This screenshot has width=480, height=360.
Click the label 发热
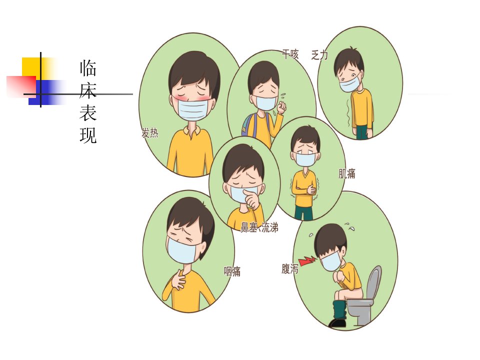click(150, 133)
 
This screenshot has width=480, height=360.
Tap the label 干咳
click(290, 54)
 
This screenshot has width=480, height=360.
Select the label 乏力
click(319, 55)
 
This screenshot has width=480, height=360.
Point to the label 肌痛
click(347, 173)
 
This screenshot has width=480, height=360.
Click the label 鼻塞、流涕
click(259, 227)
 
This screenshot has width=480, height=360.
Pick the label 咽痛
click(232, 271)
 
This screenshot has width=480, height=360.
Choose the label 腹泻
click(290, 269)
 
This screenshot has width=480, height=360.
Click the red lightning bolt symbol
click(307, 261)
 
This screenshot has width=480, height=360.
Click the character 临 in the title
click(88, 68)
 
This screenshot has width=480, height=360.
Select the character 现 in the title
click(88, 135)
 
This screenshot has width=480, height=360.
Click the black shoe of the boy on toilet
click(337, 322)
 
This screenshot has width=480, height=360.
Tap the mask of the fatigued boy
click(350, 84)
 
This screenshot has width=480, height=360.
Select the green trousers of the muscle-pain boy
click(303, 212)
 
